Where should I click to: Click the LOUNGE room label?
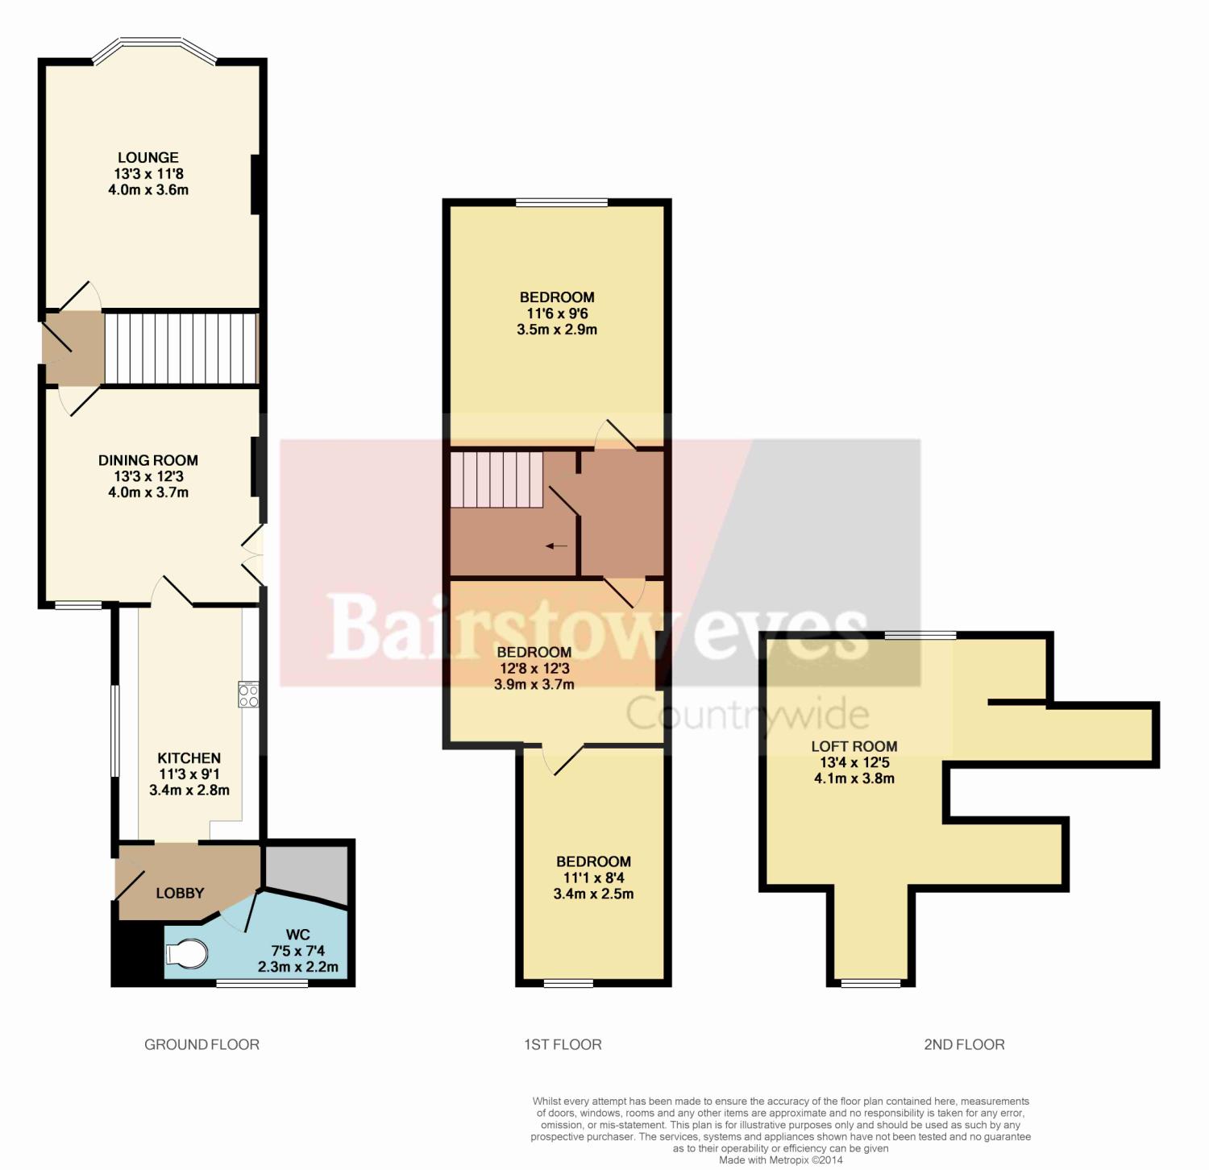(x=148, y=158)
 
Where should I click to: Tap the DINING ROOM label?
(x=148, y=461)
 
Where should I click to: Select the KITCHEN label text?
(x=189, y=758)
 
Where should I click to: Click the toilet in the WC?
(x=186, y=954)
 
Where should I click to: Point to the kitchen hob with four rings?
(x=248, y=695)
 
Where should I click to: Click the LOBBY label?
(x=180, y=893)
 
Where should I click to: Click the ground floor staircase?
(x=181, y=348)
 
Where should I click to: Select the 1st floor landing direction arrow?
(x=556, y=546)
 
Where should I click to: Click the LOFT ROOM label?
(x=854, y=747)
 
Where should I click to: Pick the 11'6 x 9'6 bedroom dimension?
(x=557, y=313)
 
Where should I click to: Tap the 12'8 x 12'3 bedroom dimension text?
(x=534, y=668)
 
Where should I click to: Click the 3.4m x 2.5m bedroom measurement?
(x=593, y=894)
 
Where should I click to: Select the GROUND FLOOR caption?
(x=201, y=1045)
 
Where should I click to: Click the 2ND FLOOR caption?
(x=964, y=1045)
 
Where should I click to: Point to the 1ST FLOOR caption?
(x=563, y=1045)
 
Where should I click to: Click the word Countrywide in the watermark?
(x=748, y=714)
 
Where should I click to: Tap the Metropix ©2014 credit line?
(x=781, y=1160)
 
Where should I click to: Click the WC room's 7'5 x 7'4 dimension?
(x=298, y=951)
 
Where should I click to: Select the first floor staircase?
(x=496, y=479)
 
